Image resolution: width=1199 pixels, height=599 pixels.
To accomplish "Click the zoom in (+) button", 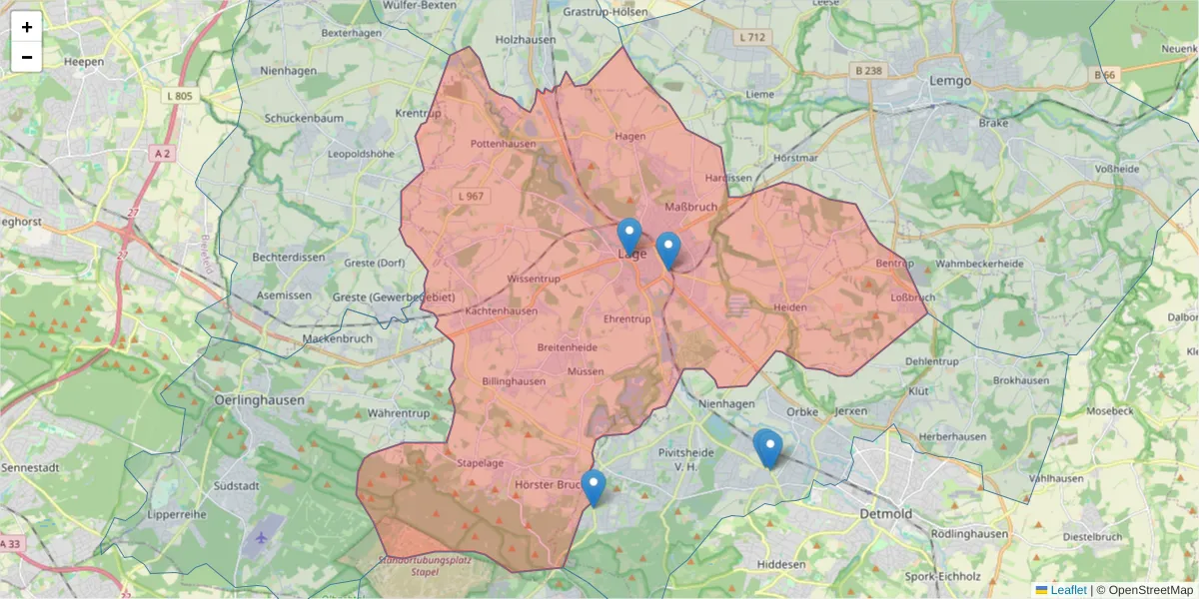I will point(27,27).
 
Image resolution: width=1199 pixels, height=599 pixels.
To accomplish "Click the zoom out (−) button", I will point(27,57).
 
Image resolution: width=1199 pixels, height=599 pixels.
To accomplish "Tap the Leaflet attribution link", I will point(1068,590).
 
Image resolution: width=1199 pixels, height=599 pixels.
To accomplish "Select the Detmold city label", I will point(885,513).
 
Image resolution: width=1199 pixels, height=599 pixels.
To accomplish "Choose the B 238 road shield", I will point(869,70).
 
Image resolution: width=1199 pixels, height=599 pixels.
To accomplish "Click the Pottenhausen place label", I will point(503,144).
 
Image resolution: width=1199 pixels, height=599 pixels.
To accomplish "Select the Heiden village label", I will point(789,307).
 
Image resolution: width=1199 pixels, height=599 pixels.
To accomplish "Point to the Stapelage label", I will point(480,463).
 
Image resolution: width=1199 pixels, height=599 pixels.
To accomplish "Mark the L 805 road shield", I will point(181,96).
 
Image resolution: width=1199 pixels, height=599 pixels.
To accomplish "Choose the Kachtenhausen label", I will point(502,310).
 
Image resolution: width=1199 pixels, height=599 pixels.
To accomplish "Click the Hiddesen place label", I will point(781,564).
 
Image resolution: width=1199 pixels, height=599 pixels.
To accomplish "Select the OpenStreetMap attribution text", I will point(1144,590).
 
